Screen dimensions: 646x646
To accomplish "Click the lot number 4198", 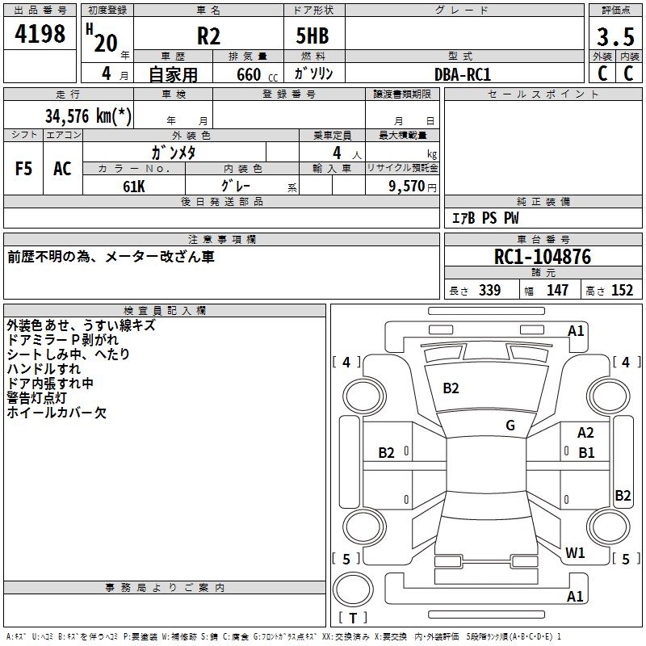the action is (40, 35).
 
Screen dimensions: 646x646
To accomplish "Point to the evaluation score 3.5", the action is (615, 37).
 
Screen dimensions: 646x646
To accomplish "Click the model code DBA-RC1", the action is (462, 73).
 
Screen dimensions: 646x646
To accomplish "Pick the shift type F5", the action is (24, 169).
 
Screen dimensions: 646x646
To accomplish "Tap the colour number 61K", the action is (133, 186).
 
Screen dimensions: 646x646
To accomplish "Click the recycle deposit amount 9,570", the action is (406, 186).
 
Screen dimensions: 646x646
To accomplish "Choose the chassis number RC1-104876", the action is (543, 258).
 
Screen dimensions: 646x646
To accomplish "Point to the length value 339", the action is (489, 291).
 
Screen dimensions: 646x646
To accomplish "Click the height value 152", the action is (622, 291).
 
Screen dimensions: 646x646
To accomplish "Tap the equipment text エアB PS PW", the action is (484, 219).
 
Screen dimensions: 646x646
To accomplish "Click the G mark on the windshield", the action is (510, 425).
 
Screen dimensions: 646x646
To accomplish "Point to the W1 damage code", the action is (575, 553).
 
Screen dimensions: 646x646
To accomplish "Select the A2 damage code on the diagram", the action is (585, 434).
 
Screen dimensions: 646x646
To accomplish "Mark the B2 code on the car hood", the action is (451, 388).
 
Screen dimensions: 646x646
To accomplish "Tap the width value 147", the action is (557, 291).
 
